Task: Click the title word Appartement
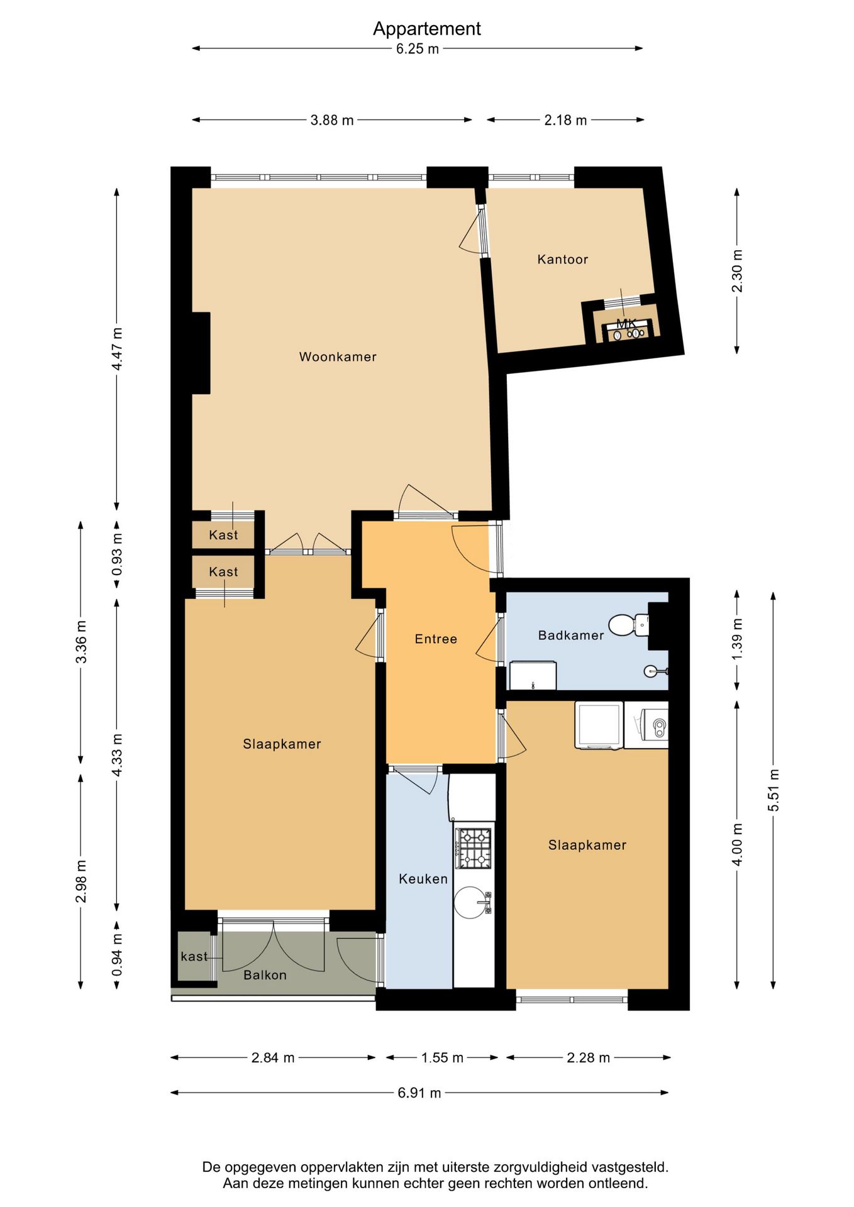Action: tap(426, 29)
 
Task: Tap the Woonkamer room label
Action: tap(338, 356)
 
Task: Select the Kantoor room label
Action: tap(562, 259)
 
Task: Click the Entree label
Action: tap(436, 639)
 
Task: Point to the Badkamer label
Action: tap(571, 635)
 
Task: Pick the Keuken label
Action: tap(423, 879)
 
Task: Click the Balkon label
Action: tap(265, 975)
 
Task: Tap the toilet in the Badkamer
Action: tap(628, 625)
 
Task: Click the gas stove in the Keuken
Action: tap(474, 848)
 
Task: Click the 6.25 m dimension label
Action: tap(418, 49)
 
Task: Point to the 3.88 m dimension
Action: tap(332, 120)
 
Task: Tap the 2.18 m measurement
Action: tap(565, 120)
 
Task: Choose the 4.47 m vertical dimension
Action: tap(117, 350)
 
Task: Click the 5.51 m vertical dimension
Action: tap(774, 790)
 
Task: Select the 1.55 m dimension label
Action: tap(442, 1058)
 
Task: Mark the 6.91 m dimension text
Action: tap(419, 1093)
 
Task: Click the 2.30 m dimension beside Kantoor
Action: tap(737, 271)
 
